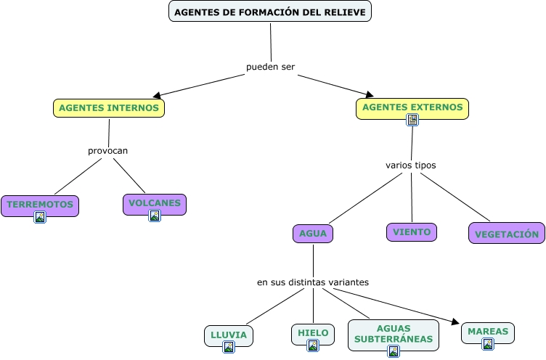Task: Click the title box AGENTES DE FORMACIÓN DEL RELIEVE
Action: [270, 12]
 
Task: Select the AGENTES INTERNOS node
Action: [109, 108]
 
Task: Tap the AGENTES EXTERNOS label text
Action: [412, 107]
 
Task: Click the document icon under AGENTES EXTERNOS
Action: [412, 120]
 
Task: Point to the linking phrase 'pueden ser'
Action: [270, 67]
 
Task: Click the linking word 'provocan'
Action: [107, 151]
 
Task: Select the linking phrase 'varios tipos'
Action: [411, 165]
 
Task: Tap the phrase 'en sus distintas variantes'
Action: [313, 282]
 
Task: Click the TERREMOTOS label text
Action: [40, 205]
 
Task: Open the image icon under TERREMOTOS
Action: [40, 216]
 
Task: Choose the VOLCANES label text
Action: [155, 203]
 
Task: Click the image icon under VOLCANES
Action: [155, 216]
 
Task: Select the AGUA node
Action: [313, 234]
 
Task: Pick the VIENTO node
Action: [412, 232]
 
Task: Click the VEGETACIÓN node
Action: [507, 234]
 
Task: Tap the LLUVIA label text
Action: [229, 335]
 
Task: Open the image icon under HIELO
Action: [313, 345]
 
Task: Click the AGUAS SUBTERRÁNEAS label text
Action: [394, 333]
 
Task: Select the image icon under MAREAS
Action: [488, 344]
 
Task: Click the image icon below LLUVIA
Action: [229, 347]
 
